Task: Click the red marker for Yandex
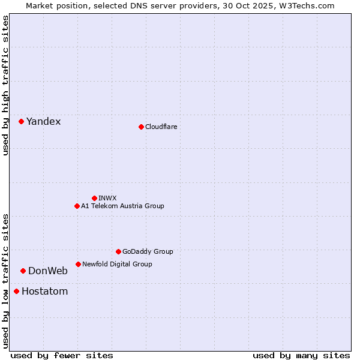(21, 121)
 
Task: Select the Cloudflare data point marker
(141, 127)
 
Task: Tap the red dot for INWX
(94, 198)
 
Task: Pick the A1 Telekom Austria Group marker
(77, 206)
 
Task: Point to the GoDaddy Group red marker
(118, 251)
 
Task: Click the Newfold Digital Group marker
(78, 264)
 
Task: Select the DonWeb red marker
(23, 271)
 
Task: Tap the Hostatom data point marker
(16, 292)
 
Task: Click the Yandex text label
(43, 122)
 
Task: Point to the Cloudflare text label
(161, 127)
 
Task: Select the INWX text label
(107, 198)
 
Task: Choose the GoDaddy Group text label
(148, 251)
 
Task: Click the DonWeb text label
(48, 271)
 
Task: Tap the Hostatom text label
(44, 292)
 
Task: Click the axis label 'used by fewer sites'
(62, 355)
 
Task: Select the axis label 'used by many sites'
(301, 355)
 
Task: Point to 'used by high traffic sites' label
(5, 85)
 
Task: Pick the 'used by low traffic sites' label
(5, 281)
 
